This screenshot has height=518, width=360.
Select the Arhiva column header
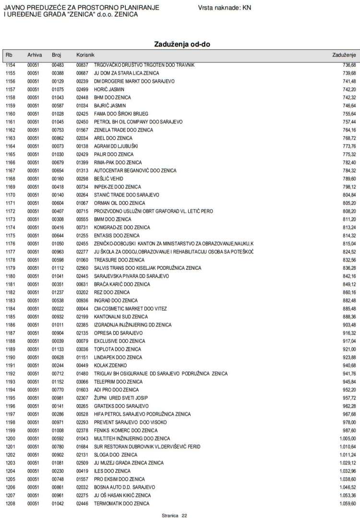pyautogui.click(x=35, y=55)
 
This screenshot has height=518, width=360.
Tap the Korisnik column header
pyautogui.click(x=86, y=55)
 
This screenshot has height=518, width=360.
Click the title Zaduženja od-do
pyautogui.click(x=182, y=44)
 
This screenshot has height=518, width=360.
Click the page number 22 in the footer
pyautogui.click(x=184, y=515)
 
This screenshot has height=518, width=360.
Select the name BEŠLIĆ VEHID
pyautogui.click(x=109, y=179)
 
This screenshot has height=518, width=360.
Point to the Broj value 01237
pyautogui.click(x=58, y=292)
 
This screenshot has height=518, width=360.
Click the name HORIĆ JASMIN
pyautogui.click(x=109, y=89)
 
